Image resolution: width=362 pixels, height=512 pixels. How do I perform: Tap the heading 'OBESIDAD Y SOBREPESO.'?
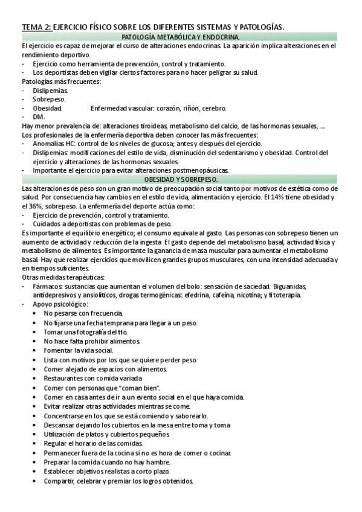[181, 180]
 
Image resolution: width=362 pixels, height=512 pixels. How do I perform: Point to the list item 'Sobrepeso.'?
[50, 99]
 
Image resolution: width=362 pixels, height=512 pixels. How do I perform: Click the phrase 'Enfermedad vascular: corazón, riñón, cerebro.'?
[158, 108]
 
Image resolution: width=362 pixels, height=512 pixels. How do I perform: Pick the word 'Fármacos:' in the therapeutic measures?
[48, 286]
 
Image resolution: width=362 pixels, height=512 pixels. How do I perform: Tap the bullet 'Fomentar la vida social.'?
[79, 350]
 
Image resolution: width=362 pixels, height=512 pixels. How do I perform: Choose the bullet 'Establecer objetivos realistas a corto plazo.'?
[106, 472]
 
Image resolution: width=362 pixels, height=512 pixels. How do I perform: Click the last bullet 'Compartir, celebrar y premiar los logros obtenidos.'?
[118, 481]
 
